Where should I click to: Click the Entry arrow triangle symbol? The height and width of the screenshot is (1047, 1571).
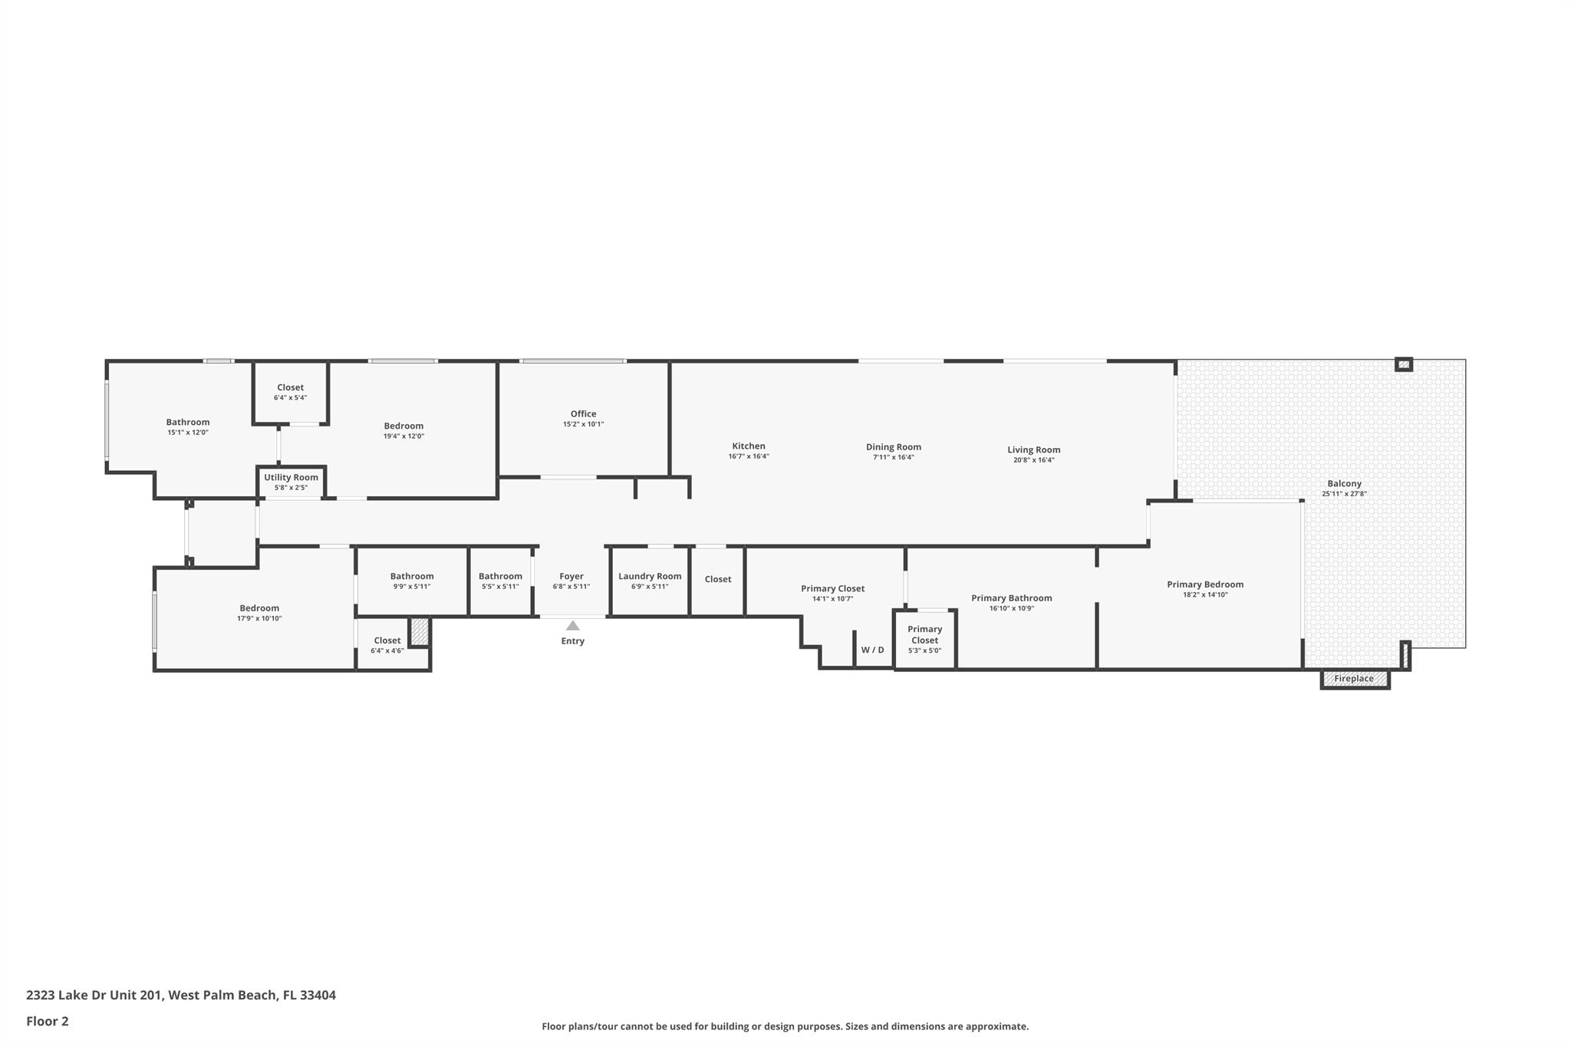(572, 626)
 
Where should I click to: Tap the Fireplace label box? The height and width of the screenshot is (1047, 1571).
(1354, 679)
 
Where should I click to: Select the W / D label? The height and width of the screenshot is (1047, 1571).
(872, 650)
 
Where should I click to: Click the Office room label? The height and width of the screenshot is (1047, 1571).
(583, 414)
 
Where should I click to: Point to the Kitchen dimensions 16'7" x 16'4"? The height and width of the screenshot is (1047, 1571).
(749, 456)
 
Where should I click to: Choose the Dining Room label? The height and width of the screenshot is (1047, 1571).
(893, 447)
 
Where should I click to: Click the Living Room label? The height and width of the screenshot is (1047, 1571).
(1033, 450)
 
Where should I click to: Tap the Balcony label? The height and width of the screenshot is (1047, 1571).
(1344, 484)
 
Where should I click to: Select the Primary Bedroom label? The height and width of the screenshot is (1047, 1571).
(1205, 584)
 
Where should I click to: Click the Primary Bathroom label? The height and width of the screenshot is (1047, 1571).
(1011, 598)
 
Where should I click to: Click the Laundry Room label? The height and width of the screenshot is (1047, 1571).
(650, 577)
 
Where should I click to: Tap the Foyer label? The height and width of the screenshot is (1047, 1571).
(571, 577)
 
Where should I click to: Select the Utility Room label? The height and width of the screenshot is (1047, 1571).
(291, 478)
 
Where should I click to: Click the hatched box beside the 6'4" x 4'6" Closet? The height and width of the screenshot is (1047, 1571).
(419, 631)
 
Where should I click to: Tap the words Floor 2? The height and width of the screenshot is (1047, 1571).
(48, 1021)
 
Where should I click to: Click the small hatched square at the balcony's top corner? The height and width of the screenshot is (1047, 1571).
(1403, 364)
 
